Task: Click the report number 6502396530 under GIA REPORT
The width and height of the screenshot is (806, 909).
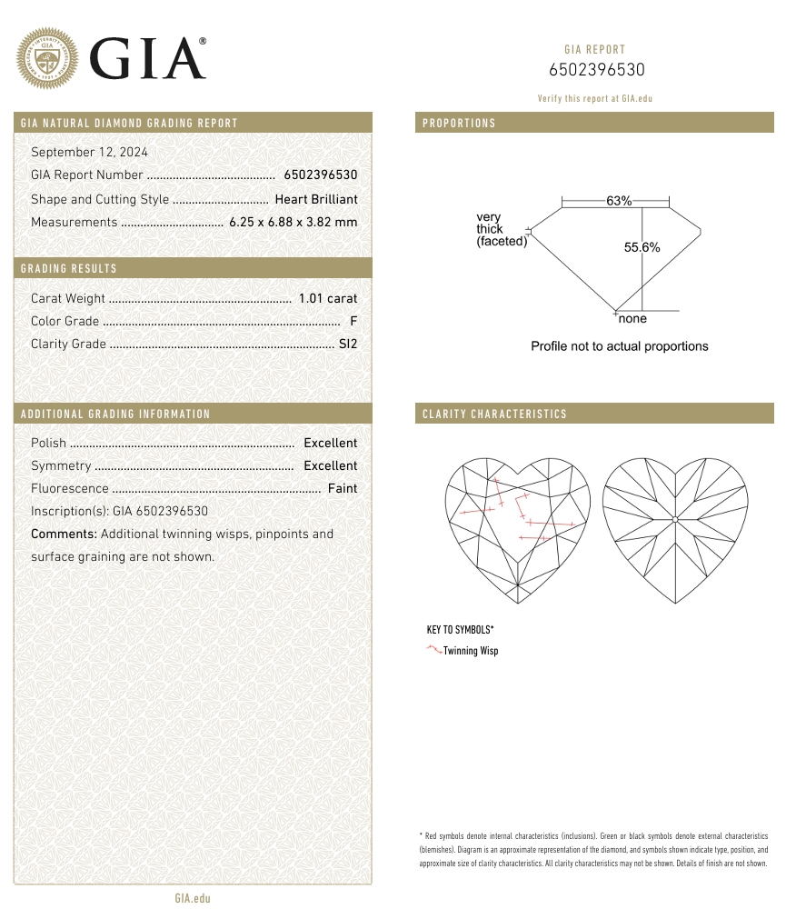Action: click(596, 71)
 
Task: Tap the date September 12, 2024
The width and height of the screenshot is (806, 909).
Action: click(89, 152)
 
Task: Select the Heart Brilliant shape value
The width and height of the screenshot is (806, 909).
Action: click(316, 199)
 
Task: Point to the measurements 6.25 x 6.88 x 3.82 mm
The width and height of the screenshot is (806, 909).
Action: click(293, 222)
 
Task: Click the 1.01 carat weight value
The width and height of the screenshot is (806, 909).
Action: click(328, 298)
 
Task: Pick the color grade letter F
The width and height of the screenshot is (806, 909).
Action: click(353, 321)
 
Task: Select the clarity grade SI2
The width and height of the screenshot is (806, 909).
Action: click(347, 344)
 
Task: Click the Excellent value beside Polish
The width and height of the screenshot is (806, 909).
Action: click(330, 443)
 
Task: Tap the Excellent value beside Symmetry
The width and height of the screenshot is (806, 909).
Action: click(330, 465)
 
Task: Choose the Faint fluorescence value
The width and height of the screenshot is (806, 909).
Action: click(343, 488)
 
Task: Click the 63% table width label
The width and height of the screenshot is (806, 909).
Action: click(619, 201)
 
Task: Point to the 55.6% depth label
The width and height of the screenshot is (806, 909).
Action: click(642, 247)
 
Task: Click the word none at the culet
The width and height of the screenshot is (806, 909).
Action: click(632, 319)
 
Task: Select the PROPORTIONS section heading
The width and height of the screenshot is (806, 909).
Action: click(459, 123)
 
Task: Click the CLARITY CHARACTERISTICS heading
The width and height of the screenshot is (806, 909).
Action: click(494, 414)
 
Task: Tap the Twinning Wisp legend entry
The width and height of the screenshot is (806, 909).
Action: click(471, 651)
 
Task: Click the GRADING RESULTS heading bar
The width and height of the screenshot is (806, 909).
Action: click(69, 268)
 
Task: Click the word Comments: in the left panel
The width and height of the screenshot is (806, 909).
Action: click(64, 534)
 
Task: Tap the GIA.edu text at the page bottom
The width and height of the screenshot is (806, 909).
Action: click(192, 898)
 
